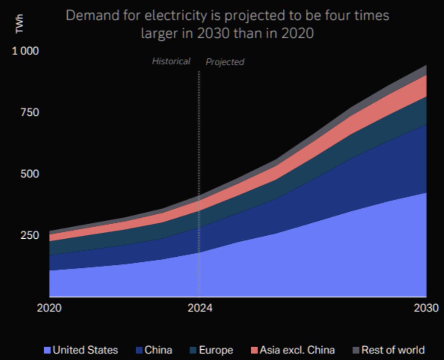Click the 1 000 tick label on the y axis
pyautogui.click(x=25, y=51)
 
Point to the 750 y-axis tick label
pyautogui.click(x=29, y=112)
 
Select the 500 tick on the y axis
pyautogui.click(x=29, y=174)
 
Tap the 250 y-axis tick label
pyautogui.click(x=29, y=235)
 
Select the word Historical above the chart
pyautogui.click(x=171, y=61)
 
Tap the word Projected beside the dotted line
pyautogui.click(x=225, y=62)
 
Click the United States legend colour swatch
pyautogui.click(x=47, y=350)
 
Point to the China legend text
pyautogui.click(x=158, y=350)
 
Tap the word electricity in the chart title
pyautogui.click(x=177, y=16)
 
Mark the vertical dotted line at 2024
pyautogui.click(x=199, y=184)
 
